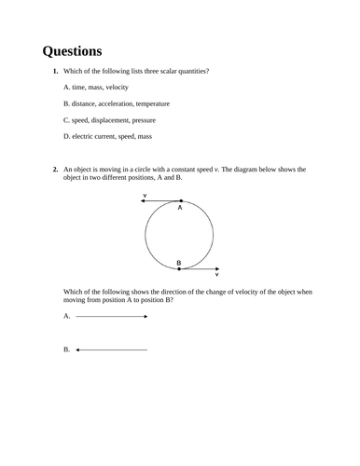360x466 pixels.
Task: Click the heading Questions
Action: pyautogui.click(x=72, y=50)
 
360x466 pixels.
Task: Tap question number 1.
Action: pyautogui.click(x=56, y=72)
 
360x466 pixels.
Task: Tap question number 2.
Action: pyautogui.click(x=56, y=170)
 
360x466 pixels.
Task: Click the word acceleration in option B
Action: pyautogui.click(x=126, y=103)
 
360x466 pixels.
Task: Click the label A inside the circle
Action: pyautogui.click(x=180, y=209)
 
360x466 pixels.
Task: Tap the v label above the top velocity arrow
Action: pyautogui.click(x=145, y=194)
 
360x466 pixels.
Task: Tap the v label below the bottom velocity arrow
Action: pyautogui.click(x=216, y=275)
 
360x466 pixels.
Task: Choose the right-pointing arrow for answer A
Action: pyautogui.click(x=111, y=317)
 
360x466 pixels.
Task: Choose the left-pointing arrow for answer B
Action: pyautogui.click(x=111, y=350)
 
